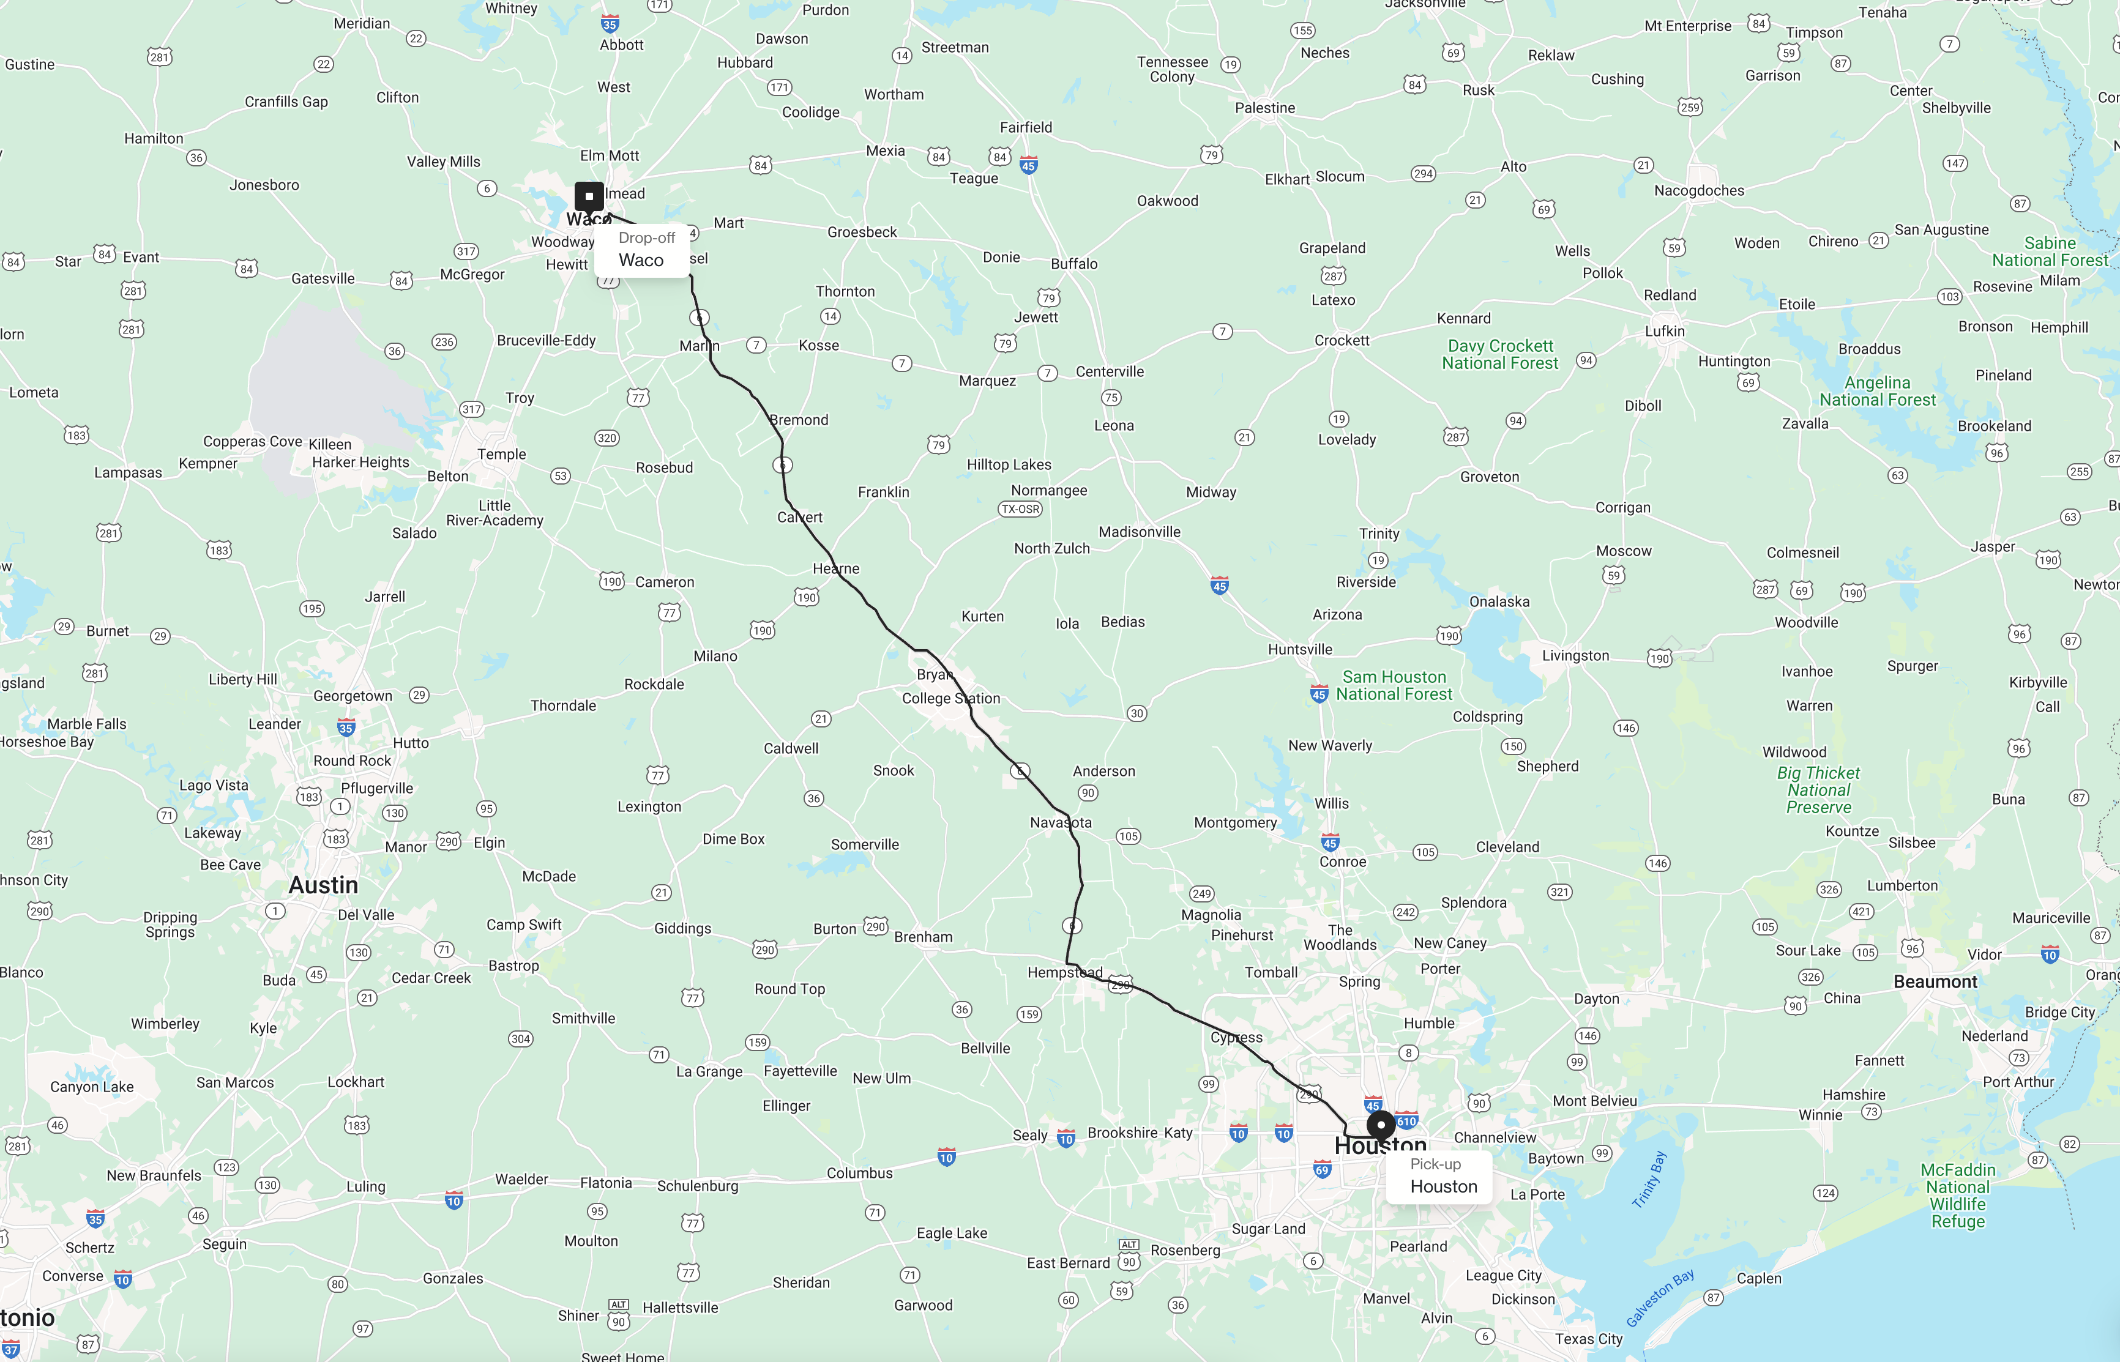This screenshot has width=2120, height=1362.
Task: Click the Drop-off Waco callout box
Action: click(x=641, y=250)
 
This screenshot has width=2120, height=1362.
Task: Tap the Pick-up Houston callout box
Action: click(x=1439, y=1176)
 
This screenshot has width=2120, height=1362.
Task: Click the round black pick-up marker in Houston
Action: click(x=1381, y=1126)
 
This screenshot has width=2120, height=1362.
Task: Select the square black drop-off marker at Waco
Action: click(x=589, y=196)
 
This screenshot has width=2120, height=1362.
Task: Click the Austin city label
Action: click(x=324, y=885)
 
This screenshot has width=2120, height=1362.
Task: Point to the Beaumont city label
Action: click(x=1935, y=981)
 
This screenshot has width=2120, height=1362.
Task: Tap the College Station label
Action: click(x=951, y=699)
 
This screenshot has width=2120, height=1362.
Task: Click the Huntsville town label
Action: click(x=1299, y=649)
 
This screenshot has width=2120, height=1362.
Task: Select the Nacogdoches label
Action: click(x=1699, y=191)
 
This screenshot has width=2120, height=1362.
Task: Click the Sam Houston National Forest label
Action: click(x=1394, y=685)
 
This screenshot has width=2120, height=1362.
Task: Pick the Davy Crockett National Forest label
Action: click(x=1500, y=355)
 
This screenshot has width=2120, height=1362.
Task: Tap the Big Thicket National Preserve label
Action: click(x=1818, y=790)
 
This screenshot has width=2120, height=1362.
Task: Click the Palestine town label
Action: click(x=1265, y=108)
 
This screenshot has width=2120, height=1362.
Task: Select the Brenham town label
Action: click(x=924, y=937)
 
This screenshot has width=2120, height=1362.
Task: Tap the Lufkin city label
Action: click(x=1665, y=332)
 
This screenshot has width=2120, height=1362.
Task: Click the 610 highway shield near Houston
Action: click(x=1407, y=1120)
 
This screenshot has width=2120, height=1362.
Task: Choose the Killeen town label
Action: click(x=330, y=444)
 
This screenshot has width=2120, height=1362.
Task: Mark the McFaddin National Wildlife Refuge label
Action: click(x=1958, y=1196)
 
